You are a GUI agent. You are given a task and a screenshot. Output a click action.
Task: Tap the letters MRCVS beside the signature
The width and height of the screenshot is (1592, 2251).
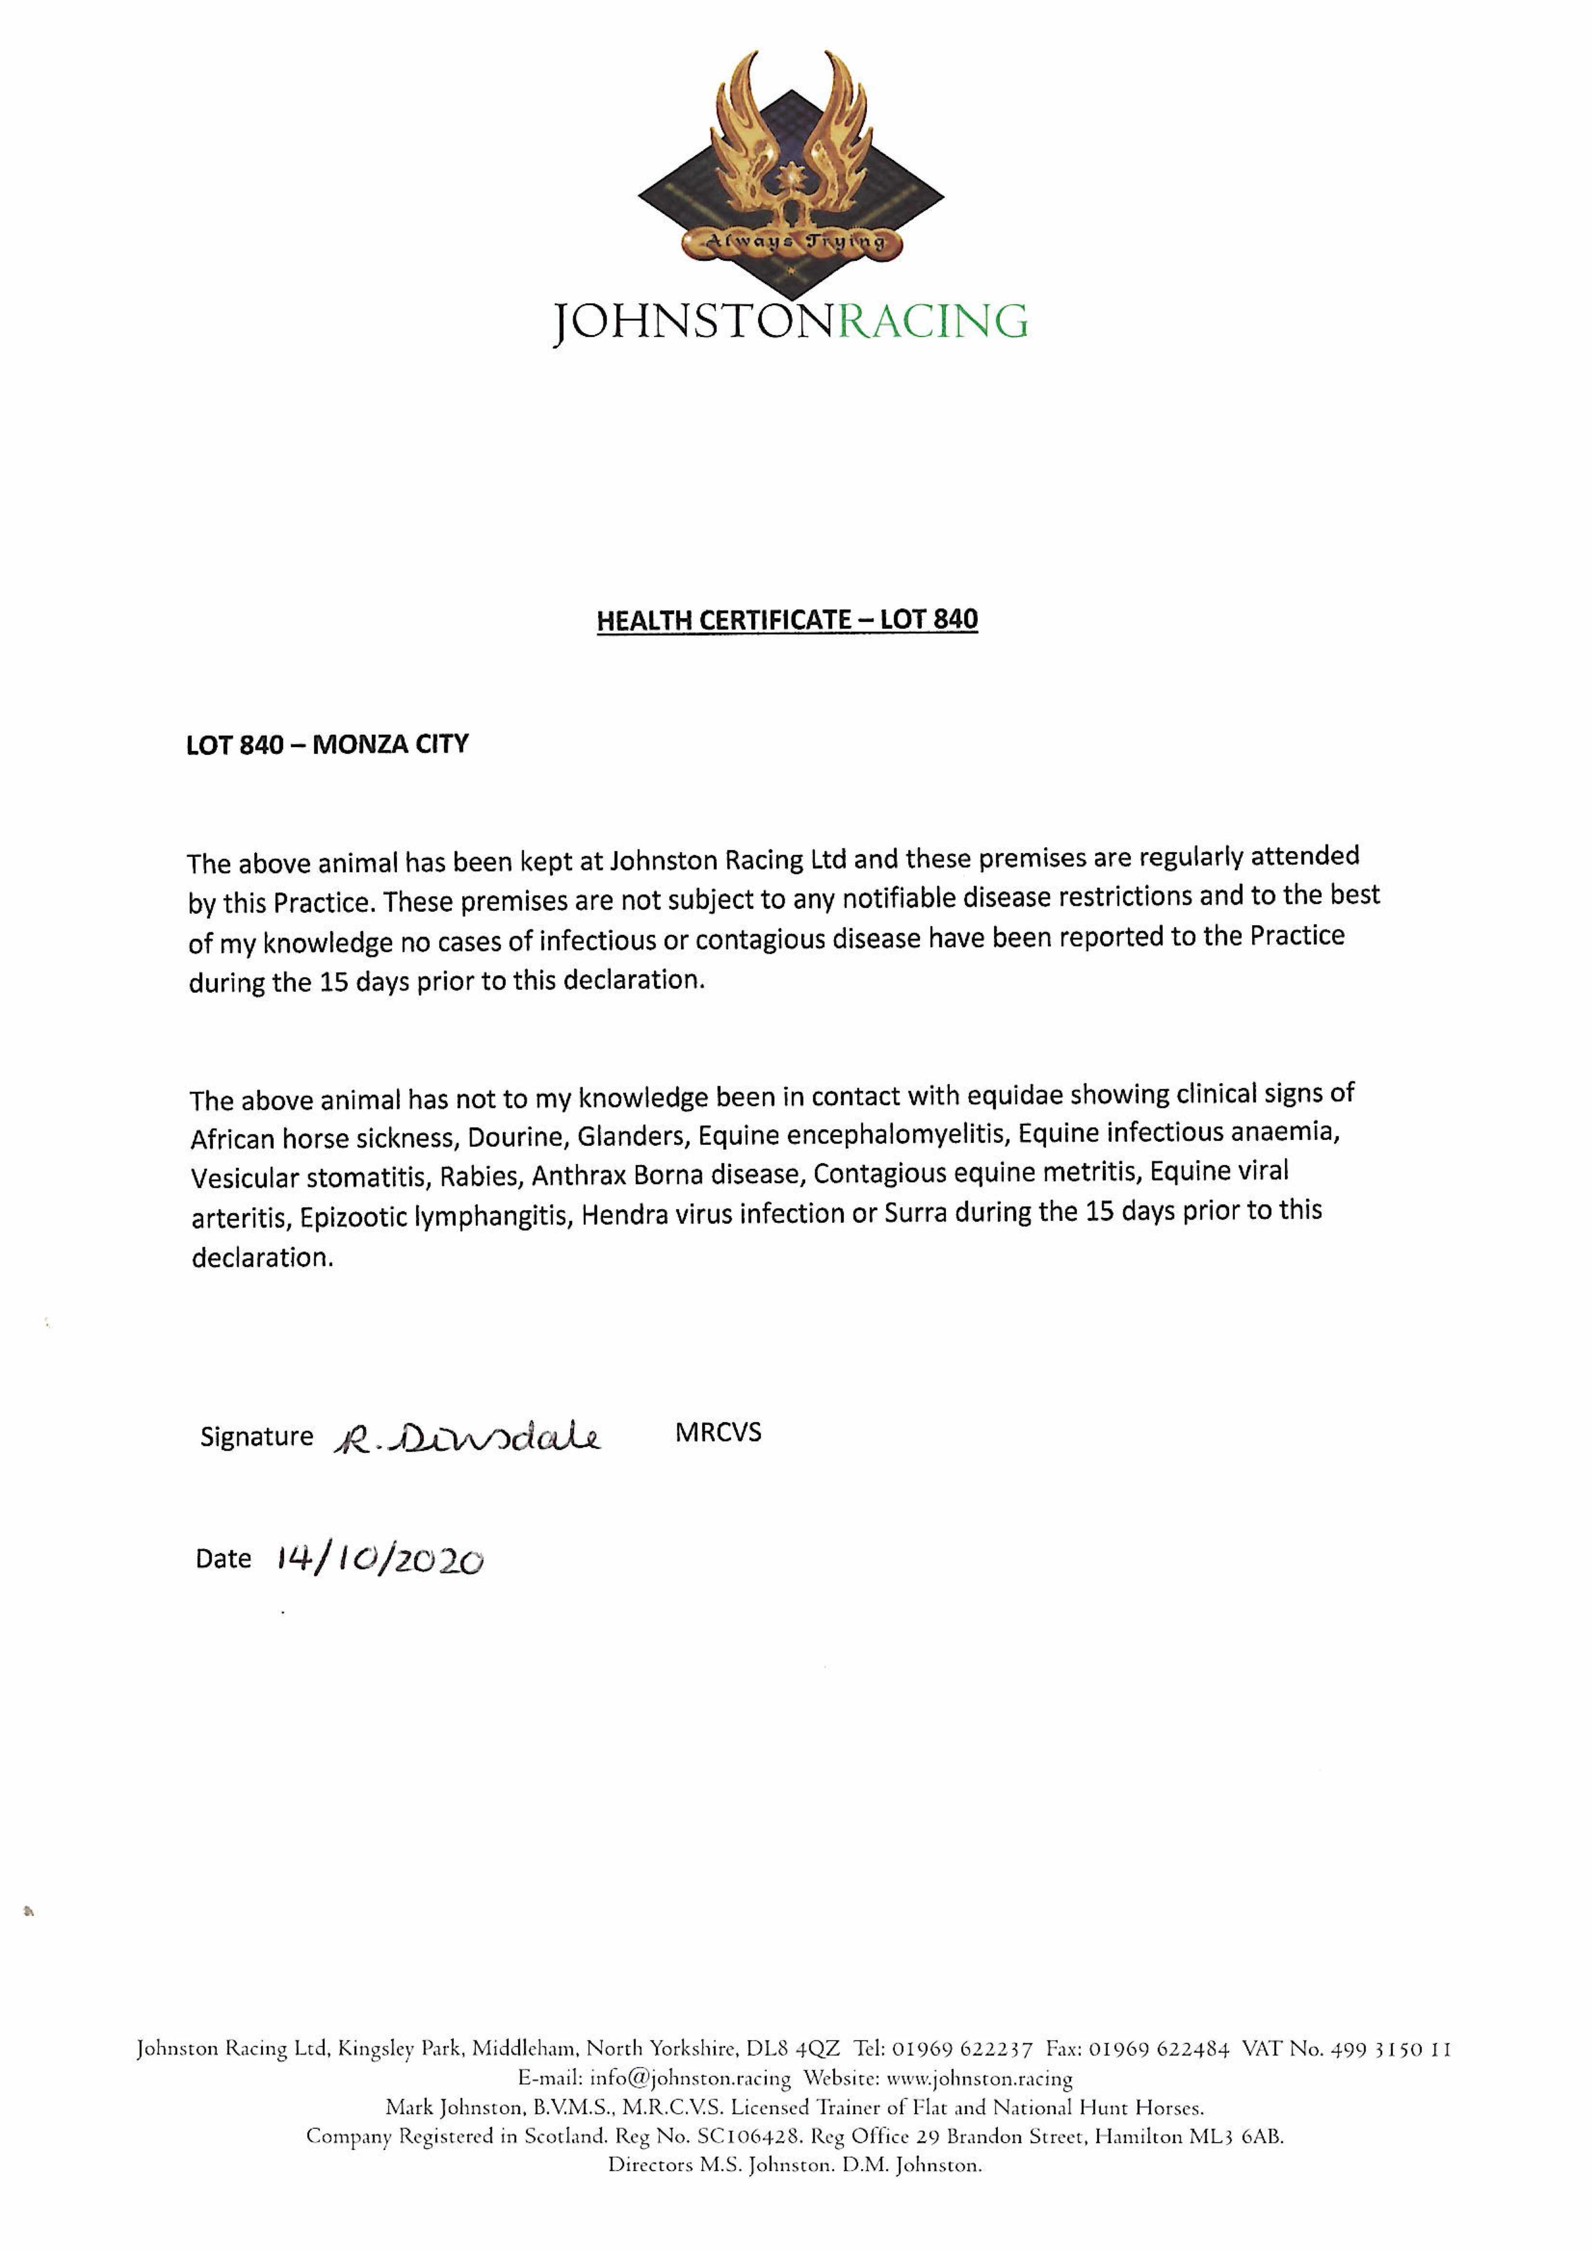(x=717, y=1433)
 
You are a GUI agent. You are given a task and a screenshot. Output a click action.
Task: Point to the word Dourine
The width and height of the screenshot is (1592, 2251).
(x=514, y=1137)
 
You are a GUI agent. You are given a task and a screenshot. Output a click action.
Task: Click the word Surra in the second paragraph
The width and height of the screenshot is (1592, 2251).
(x=916, y=1214)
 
